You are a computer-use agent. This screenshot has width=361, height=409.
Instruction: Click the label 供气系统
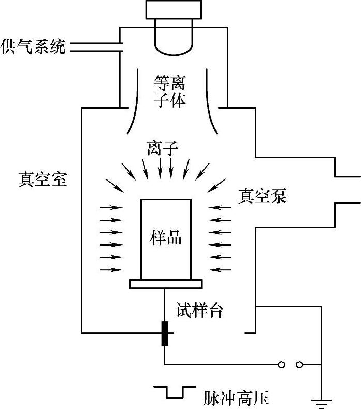pyautogui.click(x=33, y=47)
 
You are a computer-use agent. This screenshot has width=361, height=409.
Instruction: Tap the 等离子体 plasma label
pyautogui.click(x=169, y=90)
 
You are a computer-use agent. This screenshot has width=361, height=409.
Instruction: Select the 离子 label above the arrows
pyautogui.click(x=163, y=150)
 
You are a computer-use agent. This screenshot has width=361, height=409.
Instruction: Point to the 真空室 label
pyautogui.click(x=42, y=179)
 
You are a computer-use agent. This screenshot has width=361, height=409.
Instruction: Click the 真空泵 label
pyautogui.click(x=262, y=196)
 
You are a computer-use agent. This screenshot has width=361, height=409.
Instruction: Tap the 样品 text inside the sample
pyautogui.click(x=166, y=238)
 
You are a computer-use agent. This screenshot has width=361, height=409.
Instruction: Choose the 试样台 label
pyautogui.click(x=199, y=311)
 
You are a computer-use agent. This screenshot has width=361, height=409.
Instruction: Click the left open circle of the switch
pyautogui.click(x=281, y=365)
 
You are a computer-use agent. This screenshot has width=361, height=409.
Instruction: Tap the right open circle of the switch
pyautogui.click(x=300, y=365)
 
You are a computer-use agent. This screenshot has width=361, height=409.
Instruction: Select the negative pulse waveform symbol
pyautogui.click(x=174, y=392)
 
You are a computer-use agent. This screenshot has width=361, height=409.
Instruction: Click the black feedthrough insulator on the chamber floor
pyautogui.click(x=165, y=333)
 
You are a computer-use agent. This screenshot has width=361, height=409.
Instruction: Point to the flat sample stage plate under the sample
pyautogui.click(x=166, y=284)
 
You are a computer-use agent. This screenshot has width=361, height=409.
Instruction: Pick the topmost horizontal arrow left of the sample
pyautogui.click(x=111, y=207)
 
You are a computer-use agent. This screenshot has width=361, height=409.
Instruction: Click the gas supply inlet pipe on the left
pyautogui.click(x=96, y=47)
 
